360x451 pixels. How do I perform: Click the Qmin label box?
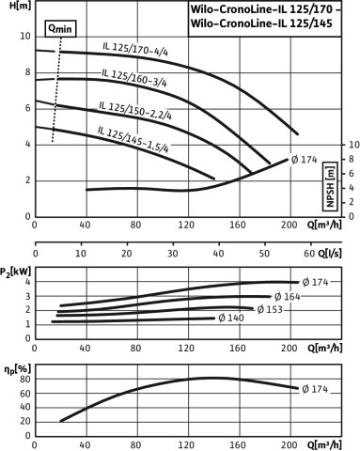pos(60,29)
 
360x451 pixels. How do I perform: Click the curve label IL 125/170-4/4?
pos(135,49)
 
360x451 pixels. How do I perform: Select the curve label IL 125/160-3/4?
pos(134,78)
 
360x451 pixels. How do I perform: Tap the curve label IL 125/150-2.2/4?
pos(135,110)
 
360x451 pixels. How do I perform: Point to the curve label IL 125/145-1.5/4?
pos(133,139)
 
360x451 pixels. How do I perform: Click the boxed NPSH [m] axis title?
pos(330,186)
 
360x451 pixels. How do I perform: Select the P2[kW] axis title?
pos(15,272)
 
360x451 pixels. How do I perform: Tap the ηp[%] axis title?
pos(18,370)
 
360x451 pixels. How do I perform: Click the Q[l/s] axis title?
pos(330,253)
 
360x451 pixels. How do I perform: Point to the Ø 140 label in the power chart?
pos(231,318)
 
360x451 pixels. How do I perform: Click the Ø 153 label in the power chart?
pos(270,309)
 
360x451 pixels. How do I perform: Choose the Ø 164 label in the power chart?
pos(287,296)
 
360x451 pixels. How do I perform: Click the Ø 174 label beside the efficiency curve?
pos(315,389)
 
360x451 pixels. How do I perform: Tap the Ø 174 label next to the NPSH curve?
pos(304,160)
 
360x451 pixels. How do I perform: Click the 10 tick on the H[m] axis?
pos(25,37)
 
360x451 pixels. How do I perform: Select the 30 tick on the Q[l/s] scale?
pos(173,253)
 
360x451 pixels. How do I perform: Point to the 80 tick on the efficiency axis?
pos(25,379)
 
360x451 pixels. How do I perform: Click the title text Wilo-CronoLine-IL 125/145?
pos(261,23)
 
